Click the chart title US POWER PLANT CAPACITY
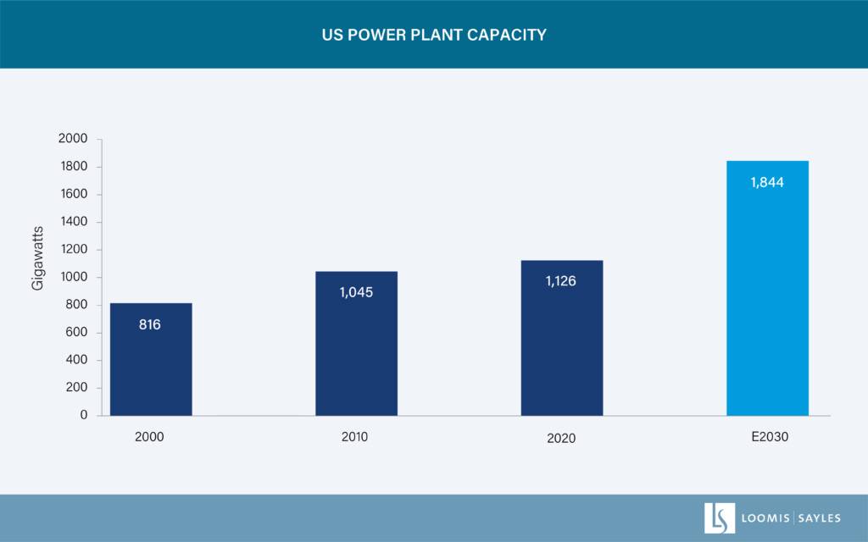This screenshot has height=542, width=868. [434, 35]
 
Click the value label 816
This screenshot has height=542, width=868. [150, 324]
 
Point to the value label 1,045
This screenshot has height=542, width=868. [356, 292]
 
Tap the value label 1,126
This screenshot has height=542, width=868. [561, 281]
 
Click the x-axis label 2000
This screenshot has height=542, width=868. [149, 437]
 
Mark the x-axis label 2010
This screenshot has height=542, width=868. [355, 437]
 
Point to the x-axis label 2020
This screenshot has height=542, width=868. [560, 438]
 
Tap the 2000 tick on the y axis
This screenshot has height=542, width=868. [73, 139]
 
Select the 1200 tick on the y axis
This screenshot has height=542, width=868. [73, 250]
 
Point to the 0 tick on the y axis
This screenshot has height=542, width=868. [84, 416]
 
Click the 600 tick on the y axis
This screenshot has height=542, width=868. [76, 333]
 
